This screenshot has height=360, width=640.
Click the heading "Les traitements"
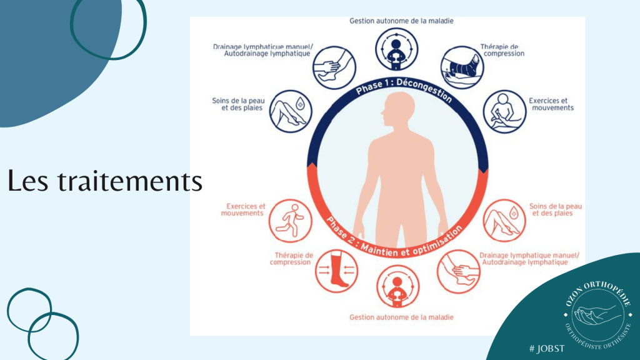pyautogui.click(x=105, y=181)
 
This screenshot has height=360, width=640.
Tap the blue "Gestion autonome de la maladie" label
pyautogui.click(x=401, y=21)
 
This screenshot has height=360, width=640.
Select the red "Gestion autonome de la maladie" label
pyautogui.click(x=401, y=317)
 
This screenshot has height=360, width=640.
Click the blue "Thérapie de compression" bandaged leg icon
pyautogui.click(x=462, y=67)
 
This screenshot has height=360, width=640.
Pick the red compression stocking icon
pyautogui.click(x=336, y=271)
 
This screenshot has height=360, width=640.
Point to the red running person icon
pyautogui.click(x=290, y=221)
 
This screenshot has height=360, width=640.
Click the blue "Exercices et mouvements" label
pyautogui.click(x=551, y=104)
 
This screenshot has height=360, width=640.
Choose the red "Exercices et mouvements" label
pyautogui.click(x=243, y=210)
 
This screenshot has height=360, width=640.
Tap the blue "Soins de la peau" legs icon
pyautogui.click(x=291, y=111)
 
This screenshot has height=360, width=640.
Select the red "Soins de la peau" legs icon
pyautogui.click(x=504, y=221)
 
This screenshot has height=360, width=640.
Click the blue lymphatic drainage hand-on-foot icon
pyautogui.click(x=334, y=67)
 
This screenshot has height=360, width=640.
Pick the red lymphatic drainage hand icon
pyautogui.click(x=458, y=271)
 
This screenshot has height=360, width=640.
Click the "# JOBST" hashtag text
pyautogui.click(x=547, y=349)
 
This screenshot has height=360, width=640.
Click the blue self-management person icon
pyautogui.click(x=397, y=49)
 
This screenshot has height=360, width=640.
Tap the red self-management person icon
pyautogui.click(x=397, y=286)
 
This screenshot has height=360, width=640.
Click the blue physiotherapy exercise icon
pyautogui.click(x=504, y=111)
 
